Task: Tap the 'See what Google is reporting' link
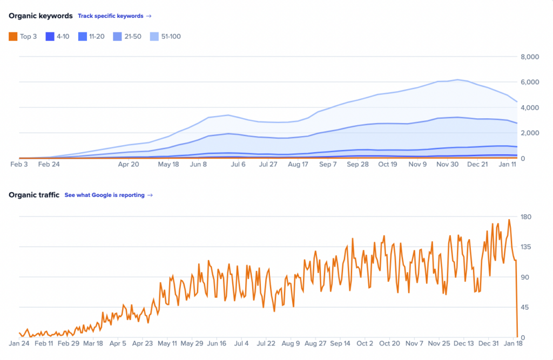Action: (x=108, y=195)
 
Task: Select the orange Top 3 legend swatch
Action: (x=13, y=37)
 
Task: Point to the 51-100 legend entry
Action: (x=166, y=37)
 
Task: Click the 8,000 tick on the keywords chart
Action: (x=529, y=57)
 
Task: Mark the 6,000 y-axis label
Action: (x=529, y=82)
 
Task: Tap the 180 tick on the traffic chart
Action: (x=527, y=217)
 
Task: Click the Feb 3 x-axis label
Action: (x=18, y=164)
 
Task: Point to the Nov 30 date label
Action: (x=448, y=164)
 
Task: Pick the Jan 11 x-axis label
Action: (x=507, y=164)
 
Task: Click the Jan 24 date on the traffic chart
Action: (x=18, y=343)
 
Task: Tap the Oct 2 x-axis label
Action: (x=365, y=343)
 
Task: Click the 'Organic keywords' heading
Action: (x=41, y=16)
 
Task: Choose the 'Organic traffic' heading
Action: (x=34, y=195)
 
